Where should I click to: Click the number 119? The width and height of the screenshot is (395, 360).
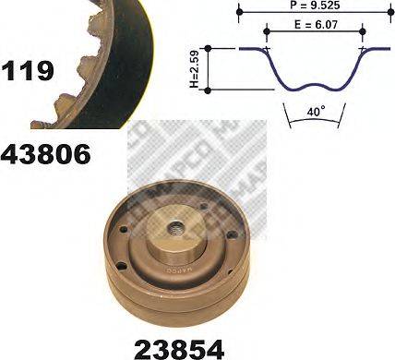coord(29,70)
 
